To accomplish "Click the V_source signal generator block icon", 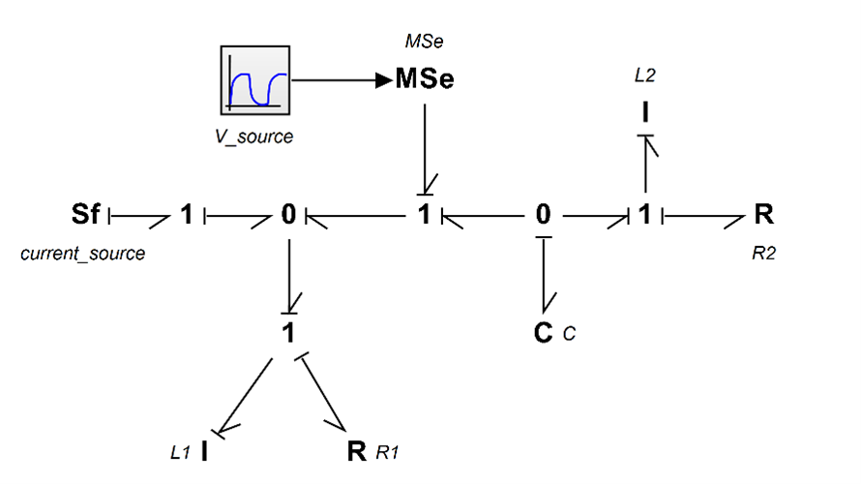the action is coord(255,80).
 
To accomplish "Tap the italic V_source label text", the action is coord(253,136).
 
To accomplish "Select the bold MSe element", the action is coord(425,78).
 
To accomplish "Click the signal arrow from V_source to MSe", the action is coord(342,80).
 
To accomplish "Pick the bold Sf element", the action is coord(86,214).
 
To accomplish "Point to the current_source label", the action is coord(83,254).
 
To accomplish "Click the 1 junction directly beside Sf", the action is coord(187,214).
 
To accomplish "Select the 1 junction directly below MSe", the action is coord(424,214).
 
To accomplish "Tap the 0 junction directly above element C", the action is coord(543,214).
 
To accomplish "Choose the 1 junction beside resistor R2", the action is coord(645,214).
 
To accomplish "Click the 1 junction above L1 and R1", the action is coord(288,333).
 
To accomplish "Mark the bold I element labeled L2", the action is coord(645,112).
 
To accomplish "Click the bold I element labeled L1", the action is coord(204,451).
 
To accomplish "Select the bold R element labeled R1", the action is coord(357,451).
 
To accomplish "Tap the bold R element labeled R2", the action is coord(764,214).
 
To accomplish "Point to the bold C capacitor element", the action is coord(543,333).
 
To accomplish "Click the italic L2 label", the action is coord(645,75).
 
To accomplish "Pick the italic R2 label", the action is coord(764,253).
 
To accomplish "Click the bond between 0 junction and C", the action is coord(544,275).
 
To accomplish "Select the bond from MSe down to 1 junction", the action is coord(425,149).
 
